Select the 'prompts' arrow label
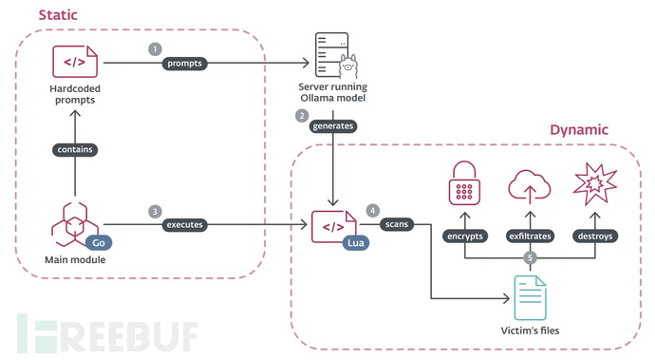[x=185, y=64]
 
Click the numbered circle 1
[x=156, y=47]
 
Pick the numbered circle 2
[x=302, y=116]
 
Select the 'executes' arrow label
[x=186, y=226]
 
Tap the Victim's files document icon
[x=530, y=297]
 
